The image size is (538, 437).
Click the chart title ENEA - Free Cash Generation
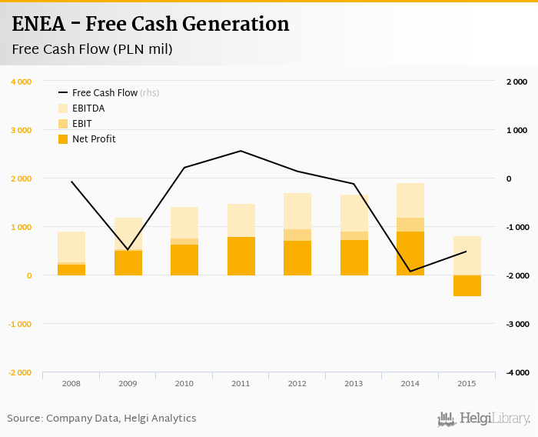click(x=151, y=24)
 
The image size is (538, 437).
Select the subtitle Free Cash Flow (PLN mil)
click(x=91, y=50)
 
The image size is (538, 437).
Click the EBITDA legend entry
click(x=88, y=108)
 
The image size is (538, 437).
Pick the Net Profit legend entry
click(x=94, y=139)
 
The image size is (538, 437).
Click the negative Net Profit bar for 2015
click(x=467, y=285)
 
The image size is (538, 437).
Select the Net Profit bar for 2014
click(x=410, y=254)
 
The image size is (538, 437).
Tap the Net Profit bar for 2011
click(x=241, y=256)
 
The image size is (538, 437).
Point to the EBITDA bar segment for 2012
click(x=297, y=211)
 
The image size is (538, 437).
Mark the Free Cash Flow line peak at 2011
click(x=241, y=151)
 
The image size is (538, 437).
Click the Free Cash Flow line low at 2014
click(x=410, y=271)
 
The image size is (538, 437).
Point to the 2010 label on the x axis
click(x=184, y=383)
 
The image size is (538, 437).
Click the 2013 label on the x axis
click(x=354, y=383)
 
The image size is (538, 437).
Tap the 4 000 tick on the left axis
click(x=21, y=82)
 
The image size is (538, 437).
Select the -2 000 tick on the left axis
click(x=19, y=372)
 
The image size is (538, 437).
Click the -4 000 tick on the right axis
click(x=516, y=372)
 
